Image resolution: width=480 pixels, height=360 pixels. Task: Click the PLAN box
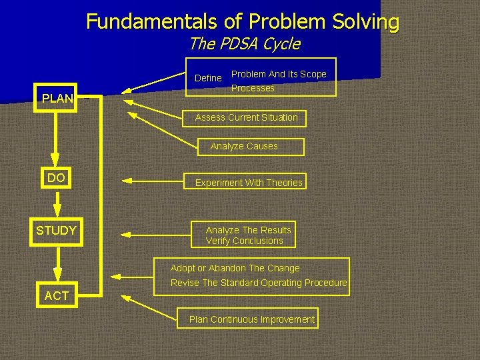(57, 98)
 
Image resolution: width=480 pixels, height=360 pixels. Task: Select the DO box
(56, 178)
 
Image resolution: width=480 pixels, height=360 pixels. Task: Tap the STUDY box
(56, 231)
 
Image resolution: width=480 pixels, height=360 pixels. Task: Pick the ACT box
(57, 295)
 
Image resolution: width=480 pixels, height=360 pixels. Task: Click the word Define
(208, 78)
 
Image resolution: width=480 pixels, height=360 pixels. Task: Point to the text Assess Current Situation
(246, 117)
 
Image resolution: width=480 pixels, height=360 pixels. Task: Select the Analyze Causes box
(244, 146)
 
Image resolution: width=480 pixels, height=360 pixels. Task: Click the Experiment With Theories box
(248, 182)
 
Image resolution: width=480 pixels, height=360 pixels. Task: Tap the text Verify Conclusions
(244, 241)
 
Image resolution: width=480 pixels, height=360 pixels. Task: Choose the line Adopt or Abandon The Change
(235, 268)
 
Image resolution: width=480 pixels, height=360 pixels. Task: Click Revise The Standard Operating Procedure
(259, 283)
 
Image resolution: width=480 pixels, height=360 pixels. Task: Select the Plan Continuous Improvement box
(251, 319)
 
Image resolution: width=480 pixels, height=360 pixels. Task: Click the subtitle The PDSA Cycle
(244, 44)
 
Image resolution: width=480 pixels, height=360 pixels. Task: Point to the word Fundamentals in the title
(152, 22)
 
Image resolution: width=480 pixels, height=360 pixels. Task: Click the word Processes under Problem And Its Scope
(253, 88)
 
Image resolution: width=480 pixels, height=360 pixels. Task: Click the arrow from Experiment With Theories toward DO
(153, 180)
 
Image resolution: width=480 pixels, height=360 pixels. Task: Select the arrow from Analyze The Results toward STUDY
(153, 234)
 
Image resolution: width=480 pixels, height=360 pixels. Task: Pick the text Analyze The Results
(248, 230)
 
